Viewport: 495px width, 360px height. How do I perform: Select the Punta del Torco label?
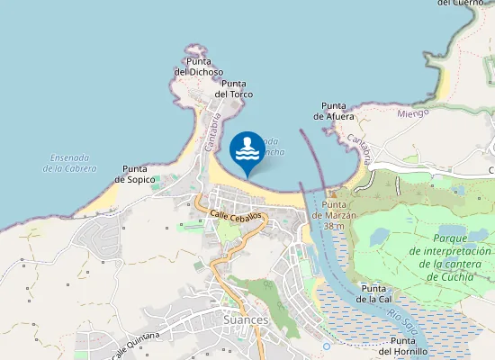pos(234,88)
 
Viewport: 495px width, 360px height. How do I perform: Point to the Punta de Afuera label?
pos(334,111)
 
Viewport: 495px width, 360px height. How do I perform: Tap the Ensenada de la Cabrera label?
pos(69,163)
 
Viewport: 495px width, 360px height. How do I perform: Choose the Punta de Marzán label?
pos(335,210)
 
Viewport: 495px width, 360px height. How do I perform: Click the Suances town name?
pos(246,319)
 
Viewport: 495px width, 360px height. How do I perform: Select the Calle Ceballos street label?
pos(236,216)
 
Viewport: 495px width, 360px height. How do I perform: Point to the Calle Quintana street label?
pos(136,345)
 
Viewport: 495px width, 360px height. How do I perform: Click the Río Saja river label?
pos(402,319)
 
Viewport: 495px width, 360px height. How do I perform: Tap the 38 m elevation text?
pos(335,226)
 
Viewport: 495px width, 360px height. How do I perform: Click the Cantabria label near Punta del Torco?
pos(213,131)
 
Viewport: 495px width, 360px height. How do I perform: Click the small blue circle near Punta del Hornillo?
pos(327,346)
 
